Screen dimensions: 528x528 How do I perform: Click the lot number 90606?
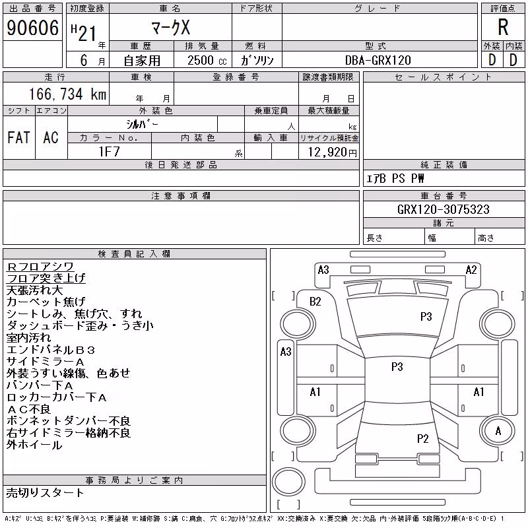tap(32, 28)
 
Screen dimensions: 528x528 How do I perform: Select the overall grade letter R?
tap(503, 27)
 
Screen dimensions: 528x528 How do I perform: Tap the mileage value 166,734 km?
tap(67, 94)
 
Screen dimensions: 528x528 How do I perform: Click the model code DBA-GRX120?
tap(378, 60)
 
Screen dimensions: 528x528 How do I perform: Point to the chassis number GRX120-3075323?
tap(443, 209)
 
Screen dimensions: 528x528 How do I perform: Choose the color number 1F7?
tap(109, 152)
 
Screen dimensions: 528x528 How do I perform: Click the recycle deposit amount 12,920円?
tap(332, 152)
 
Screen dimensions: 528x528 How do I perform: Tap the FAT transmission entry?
tap(18, 137)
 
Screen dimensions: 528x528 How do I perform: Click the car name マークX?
tap(171, 28)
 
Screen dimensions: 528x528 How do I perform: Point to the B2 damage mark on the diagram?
tap(315, 302)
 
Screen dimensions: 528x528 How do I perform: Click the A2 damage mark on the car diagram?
tap(471, 270)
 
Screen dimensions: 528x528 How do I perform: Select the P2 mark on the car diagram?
tap(422, 438)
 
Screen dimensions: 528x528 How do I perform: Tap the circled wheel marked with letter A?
tap(498, 431)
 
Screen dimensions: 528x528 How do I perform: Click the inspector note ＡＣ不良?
tap(28, 409)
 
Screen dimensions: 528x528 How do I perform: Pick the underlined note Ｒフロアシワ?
tap(40, 267)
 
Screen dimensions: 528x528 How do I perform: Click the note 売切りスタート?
tap(45, 492)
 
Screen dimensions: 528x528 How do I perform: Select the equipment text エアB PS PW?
tap(395, 178)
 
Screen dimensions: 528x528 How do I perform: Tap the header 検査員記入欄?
tap(134, 253)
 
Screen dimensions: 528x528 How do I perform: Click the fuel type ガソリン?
tap(257, 60)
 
